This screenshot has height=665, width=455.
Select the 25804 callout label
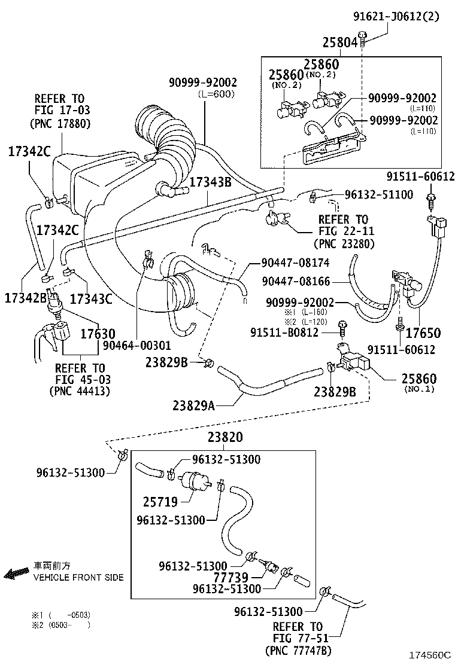pyautogui.click(x=340, y=42)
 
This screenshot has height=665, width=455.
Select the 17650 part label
pyautogui.click(x=422, y=332)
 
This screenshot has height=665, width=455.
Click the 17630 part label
pyautogui.click(x=99, y=333)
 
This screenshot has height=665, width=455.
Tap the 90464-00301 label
pyautogui.click(x=136, y=345)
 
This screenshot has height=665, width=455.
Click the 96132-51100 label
pyautogui.click(x=378, y=194)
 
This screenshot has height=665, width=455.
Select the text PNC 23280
pyautogui.click(x=344, y=243)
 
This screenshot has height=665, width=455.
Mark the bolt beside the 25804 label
pyautogui.click(x=363, y=41)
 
